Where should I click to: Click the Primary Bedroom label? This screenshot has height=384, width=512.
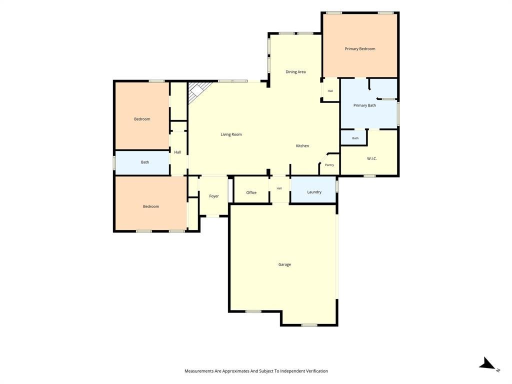tap(360, 49)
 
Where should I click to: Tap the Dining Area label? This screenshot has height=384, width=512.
tap(295, 72)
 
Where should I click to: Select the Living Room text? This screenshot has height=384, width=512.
tap(231, 134)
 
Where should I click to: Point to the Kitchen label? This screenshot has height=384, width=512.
tap(302, 146)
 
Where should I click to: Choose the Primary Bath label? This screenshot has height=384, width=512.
tap(364, 105)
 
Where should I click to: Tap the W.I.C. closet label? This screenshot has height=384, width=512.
tap(372, 158)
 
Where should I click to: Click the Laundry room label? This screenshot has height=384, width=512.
tap(314, 192)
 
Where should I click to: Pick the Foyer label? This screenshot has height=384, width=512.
tap(214, 196)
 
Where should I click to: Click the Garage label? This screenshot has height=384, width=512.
tap(284, 264)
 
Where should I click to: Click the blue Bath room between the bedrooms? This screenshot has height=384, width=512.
tap(142, 162)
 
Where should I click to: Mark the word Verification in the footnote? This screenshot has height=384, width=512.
tap(316, 371)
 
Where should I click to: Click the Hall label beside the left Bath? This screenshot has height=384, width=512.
tap(177, 152)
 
